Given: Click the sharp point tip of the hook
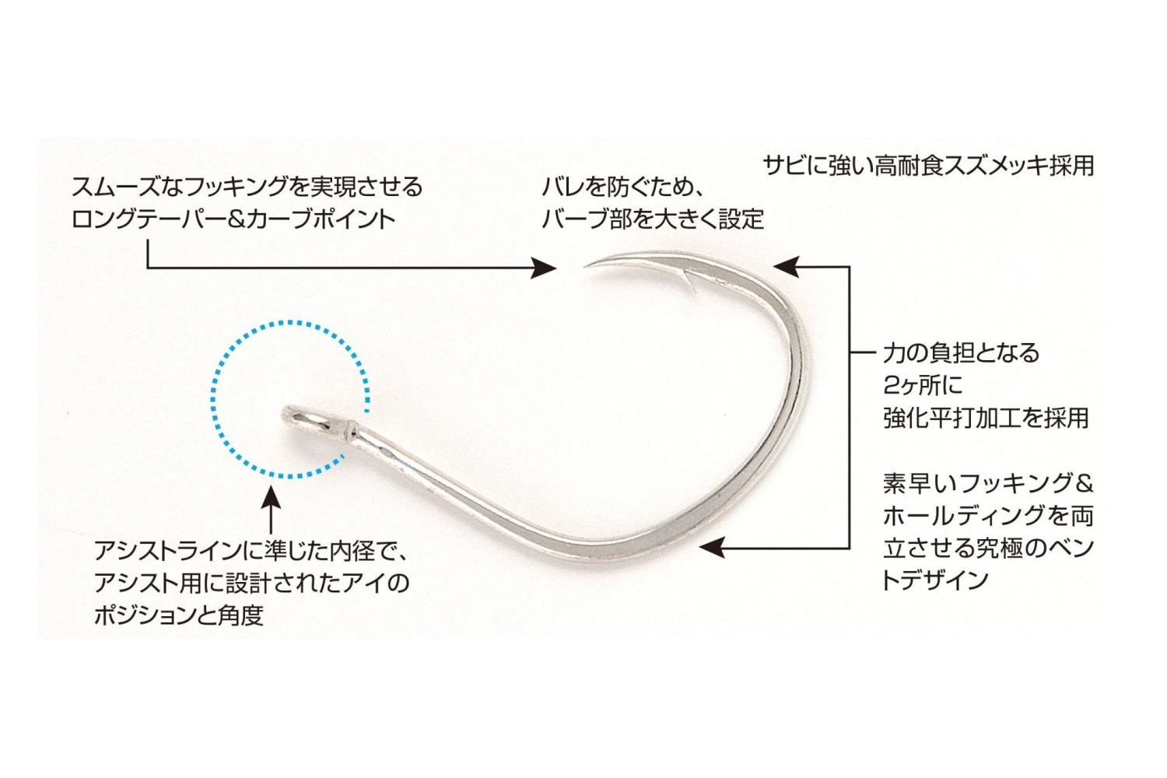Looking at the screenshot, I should pyautogui.click(x=587, y=267).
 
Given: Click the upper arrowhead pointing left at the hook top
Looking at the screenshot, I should pyautogui.click(x=784, y=267).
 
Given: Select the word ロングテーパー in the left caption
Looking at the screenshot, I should pyautogui.click(x=148, y=219).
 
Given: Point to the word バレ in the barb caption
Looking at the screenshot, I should pyautogui.click(x=562, y=187).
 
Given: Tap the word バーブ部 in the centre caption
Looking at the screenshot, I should pyautogui.click(x=586, y=219).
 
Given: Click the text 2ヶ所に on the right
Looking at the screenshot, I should pyautogui.click(x=923, y=385).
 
